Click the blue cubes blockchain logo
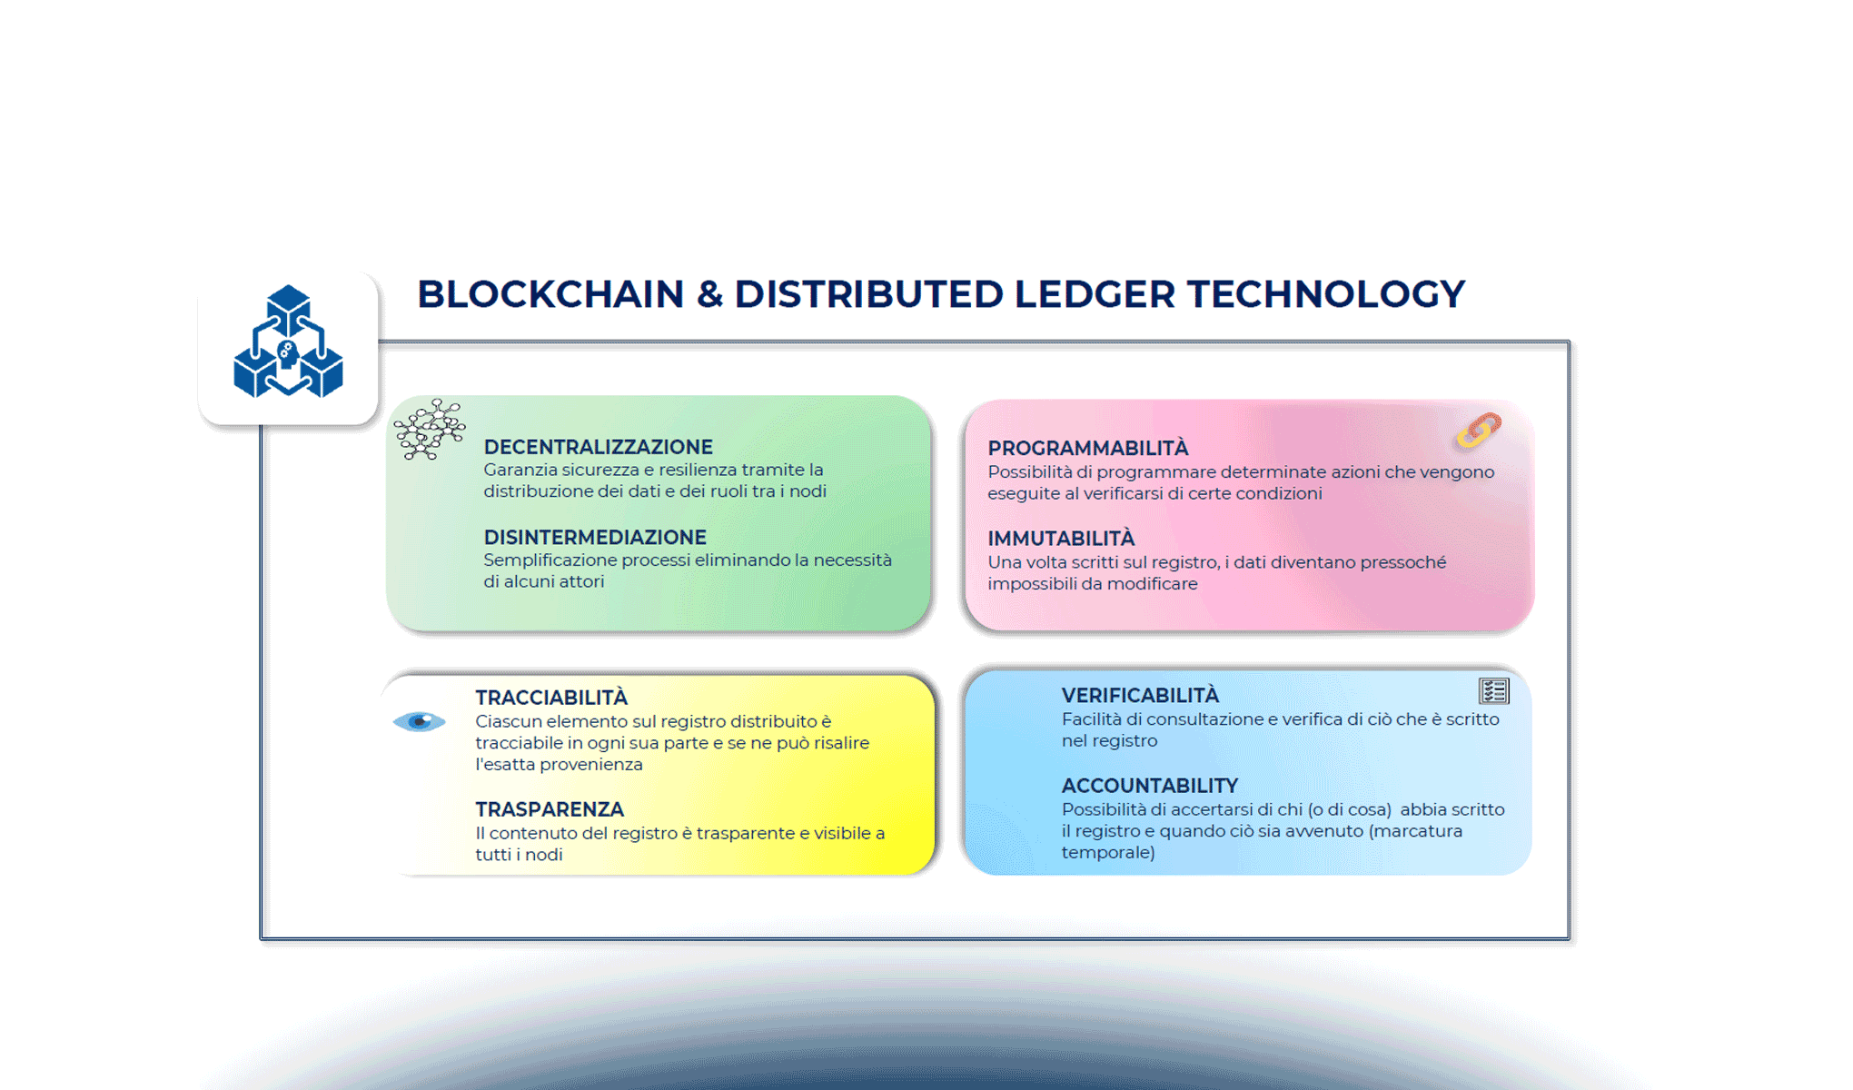pos(288,342)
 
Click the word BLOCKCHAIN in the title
pos(550,294)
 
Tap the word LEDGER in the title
pos(1095,294)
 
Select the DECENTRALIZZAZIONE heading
pos(598,447)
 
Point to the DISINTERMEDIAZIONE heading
pos(594,537)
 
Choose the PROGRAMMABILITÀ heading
pos(1087,448)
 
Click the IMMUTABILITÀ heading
pos(1061,538)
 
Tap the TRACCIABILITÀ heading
pos(550,698)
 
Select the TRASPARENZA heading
pos(549,809)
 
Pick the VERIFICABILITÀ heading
pos(1139,696)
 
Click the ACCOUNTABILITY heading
pos(1149,786)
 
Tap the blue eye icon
pos(419,722)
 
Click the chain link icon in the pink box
pos(1478,431)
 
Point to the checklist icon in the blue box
pos(1493,691)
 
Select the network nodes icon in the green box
pos(430,429)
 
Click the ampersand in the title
pos(709,294)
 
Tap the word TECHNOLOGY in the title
pos(1325,294)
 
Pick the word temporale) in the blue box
pos(1107,853)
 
